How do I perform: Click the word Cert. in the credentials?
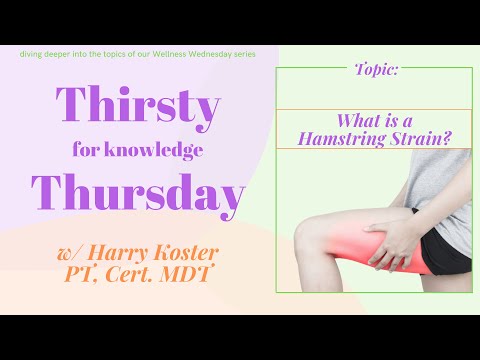coord(152,272)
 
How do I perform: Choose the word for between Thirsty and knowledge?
coord(87,151)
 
